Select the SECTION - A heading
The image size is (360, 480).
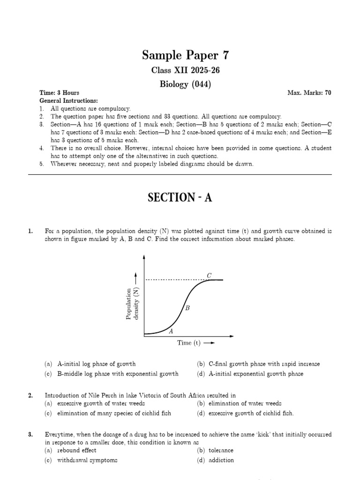tap(180, 198)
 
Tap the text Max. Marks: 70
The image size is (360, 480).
tap(309, 93)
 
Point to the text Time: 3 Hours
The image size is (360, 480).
tap(59, 93)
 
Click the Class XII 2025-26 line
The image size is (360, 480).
tap(180, 70)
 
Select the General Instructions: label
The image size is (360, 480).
tap(68, 101)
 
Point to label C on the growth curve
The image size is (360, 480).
tap(209, 275)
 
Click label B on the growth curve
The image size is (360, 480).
tap(187, 308)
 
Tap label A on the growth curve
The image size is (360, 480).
tap(171, 330)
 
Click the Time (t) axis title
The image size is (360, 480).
tap(195, 343)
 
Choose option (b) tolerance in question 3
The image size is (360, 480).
tap(215, 450)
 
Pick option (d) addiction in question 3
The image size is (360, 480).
tap(215, 460)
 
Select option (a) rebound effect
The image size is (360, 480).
tap(70, 450)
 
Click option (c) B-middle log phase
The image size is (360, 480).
tap(112, 374)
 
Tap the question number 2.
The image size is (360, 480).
tap(30, 396)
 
